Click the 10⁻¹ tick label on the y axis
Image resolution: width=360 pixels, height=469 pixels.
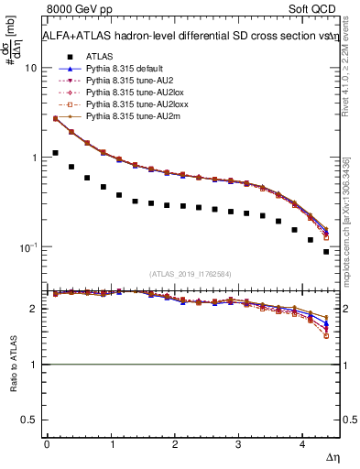[27, 247]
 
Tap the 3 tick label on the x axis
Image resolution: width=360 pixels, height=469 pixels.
[238, 444]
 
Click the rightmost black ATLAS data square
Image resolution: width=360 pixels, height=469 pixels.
[326, 251]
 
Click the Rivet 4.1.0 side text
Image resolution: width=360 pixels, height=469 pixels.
[348, 87]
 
